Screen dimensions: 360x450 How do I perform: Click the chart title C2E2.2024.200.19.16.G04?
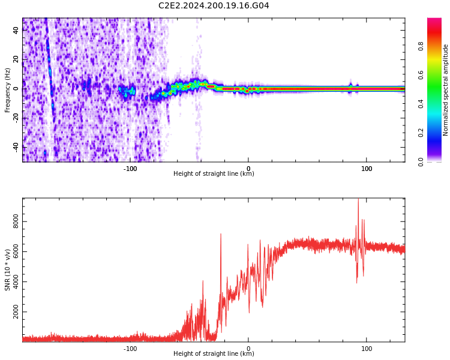(x=214, y=5)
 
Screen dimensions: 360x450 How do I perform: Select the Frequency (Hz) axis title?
(x=8, y=90)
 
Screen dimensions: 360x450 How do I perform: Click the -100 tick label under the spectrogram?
(x=130, y=169)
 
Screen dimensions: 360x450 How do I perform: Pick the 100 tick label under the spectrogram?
(x=367, y=169)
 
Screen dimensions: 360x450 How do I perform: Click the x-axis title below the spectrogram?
(x=214, y=174)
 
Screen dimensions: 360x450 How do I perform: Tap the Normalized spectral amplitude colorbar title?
(x=446, y=90)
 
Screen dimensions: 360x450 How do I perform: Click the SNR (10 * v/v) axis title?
(x=8, y=270)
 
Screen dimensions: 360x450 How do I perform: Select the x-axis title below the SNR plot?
(x=214, y=354)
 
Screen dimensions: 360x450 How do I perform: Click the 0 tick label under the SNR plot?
(x=248, y=349)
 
